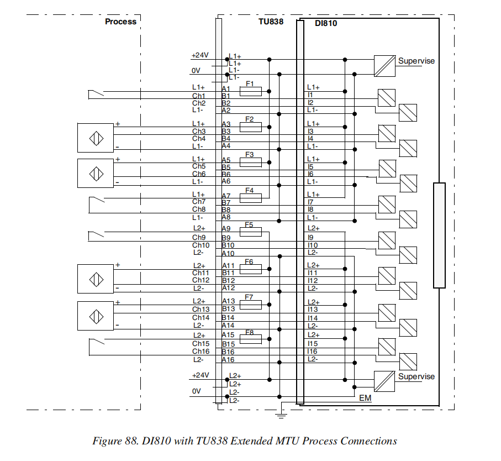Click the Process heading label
(120, 22)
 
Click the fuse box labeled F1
(250, 91)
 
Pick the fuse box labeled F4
(250, 197)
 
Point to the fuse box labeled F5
(250, 232)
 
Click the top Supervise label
(416, 61)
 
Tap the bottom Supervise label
(416, 376)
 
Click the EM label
(365, 397)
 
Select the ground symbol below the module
(282, 410)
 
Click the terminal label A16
(228, 360)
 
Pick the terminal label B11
(228, 273)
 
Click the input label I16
(313, 352)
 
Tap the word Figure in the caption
(108, 441)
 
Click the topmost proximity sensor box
(96, 137)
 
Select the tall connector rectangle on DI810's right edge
(439, 235)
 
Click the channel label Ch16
(201, 352)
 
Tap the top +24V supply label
(200, 55)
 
